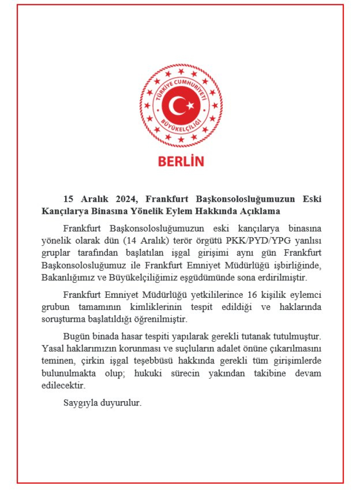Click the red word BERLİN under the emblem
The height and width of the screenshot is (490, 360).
[181, 161]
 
